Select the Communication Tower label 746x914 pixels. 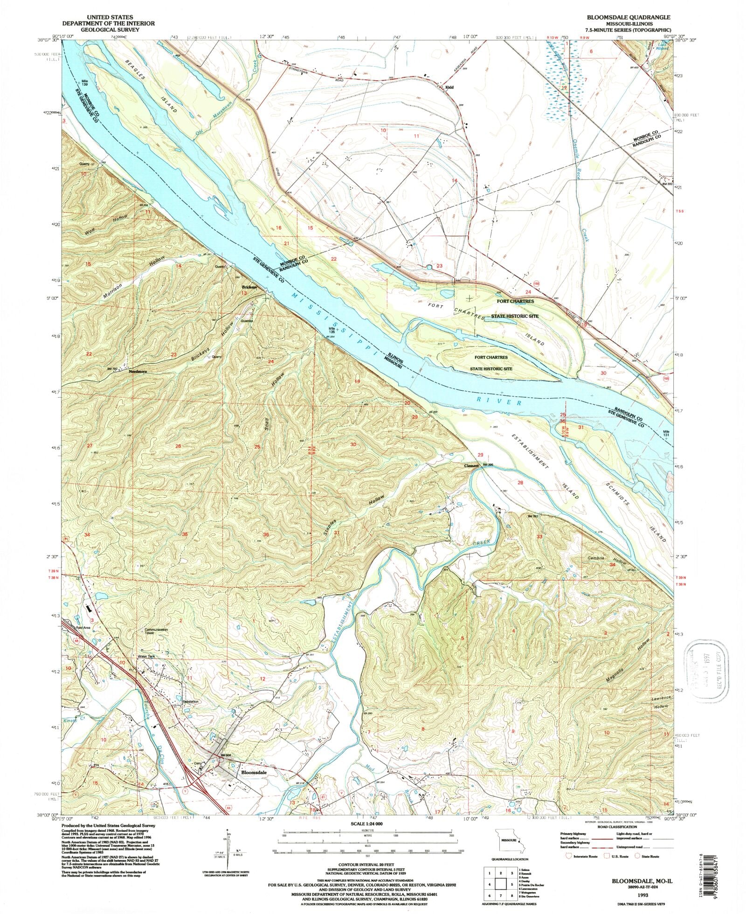point(156,631)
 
